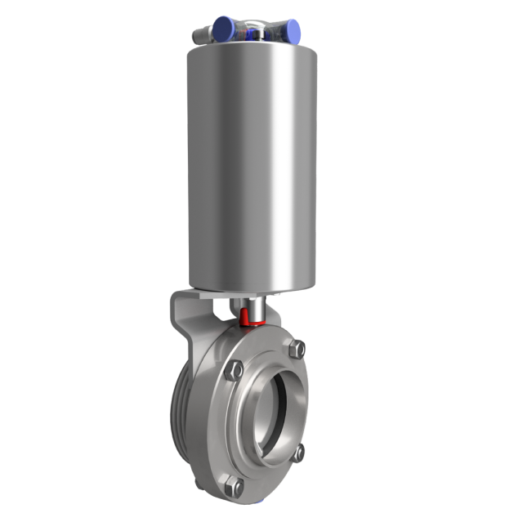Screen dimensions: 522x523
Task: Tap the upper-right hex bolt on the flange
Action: click(x=299, y=349)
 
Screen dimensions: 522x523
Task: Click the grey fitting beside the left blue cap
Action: click(x=201, y=35)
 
